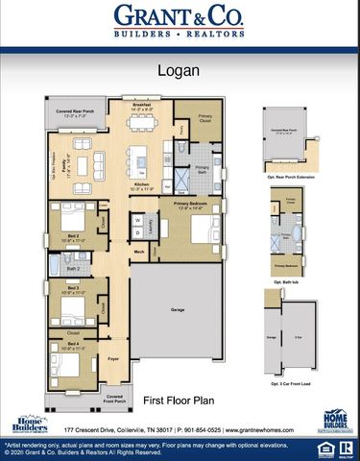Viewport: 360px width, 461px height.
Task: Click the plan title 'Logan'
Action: (179, 70)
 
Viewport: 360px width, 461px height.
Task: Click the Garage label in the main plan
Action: (179, 310)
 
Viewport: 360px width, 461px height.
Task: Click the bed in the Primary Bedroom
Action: (203, 230)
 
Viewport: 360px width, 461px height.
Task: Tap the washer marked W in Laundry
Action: (138, 219)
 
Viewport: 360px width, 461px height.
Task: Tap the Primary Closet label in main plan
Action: (205, 120)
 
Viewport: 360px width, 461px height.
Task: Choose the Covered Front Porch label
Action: (114, 398)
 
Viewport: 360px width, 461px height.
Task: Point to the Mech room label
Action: (139, 252)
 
